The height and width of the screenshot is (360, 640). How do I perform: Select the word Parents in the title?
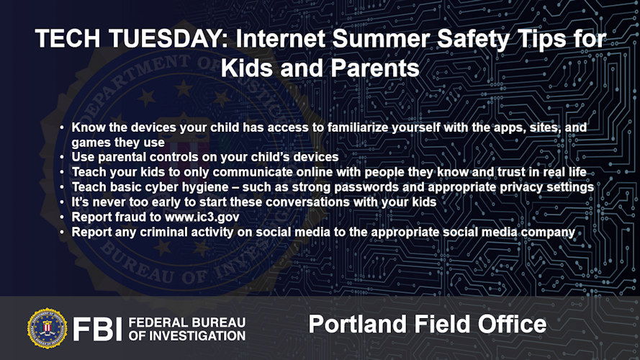point(375,68)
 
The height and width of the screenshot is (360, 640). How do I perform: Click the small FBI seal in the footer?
point(47,328)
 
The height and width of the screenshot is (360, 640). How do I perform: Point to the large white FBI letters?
point(97,329)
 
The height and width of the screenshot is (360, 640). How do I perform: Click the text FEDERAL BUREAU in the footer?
point(187,323)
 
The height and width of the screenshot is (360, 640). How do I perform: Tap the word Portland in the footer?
point(358,324)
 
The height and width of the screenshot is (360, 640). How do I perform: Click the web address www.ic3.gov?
point(202,217)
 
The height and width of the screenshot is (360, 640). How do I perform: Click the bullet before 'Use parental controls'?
point(62,157)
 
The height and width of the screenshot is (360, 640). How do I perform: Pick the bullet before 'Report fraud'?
point(62,217)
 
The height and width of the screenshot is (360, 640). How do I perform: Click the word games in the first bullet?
point(90,143)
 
